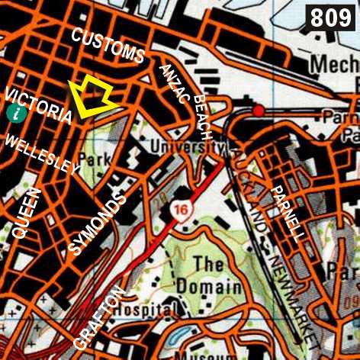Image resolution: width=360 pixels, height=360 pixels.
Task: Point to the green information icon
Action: (14, 113)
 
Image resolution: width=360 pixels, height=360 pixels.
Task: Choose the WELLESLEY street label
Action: (42, 153)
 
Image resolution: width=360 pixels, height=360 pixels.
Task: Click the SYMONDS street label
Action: (95, 222)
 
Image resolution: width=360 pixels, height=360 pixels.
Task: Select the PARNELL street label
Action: (287, 213)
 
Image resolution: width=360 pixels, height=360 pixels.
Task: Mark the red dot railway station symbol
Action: (259, 111)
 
